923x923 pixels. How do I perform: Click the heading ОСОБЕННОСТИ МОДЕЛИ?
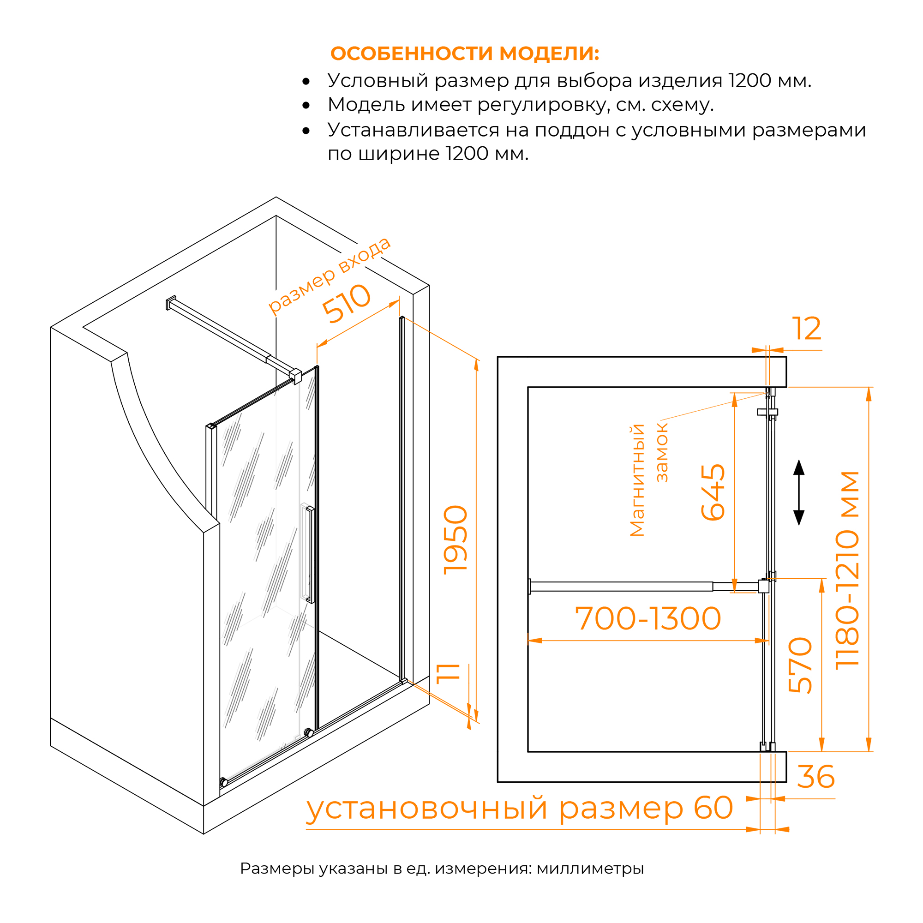464,54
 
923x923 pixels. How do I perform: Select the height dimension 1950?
456,539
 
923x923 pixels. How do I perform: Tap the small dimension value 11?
448,674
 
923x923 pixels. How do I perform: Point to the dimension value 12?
807,329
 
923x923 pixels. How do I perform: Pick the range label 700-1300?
648,619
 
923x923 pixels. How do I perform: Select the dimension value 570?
800,665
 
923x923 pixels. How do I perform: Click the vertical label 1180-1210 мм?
847,571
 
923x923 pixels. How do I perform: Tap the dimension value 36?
816,777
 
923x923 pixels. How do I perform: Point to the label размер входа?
329,276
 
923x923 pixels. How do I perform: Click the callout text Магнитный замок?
648,480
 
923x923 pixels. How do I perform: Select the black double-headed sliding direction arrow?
799,492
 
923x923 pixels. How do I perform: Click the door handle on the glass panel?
310,555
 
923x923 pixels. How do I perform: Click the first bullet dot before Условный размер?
306,82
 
